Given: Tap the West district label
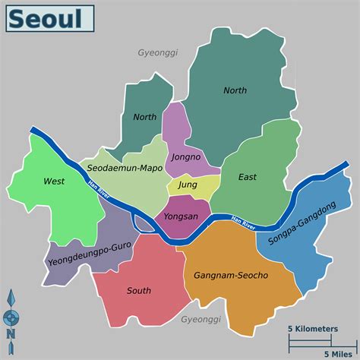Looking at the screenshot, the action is click(x=54, y=181).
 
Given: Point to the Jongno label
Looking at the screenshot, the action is click(x=185, y=158).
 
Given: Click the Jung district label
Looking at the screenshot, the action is click(x=187, y=184).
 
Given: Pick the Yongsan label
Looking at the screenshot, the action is click(x=181, y=216).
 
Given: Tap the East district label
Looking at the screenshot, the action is click(x=247, y=177).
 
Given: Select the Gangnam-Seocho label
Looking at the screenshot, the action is click(x=231, y=274).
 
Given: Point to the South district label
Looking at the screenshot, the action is click(x=139, y=290).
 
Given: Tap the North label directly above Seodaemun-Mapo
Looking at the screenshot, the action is click(x=144, y=117).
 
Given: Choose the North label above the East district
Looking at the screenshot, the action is click(x=235, y=90).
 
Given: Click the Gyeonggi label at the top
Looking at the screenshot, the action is click(x=158, y=53).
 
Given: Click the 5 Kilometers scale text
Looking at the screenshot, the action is click(x=313, y=329).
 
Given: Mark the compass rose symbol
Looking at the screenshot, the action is click(x=11, y=314).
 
